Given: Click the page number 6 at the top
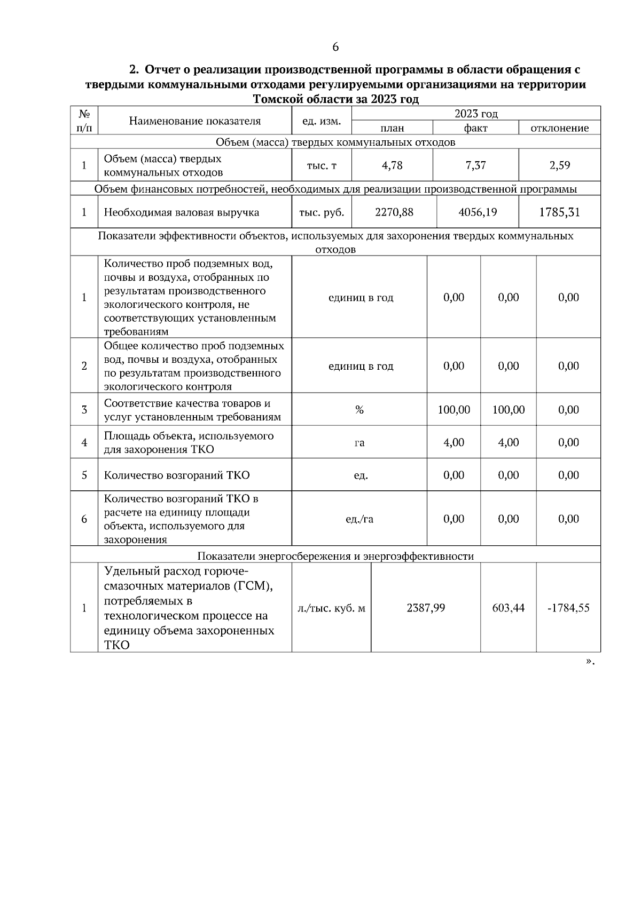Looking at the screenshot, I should pyautogui.click(x=335, y=47).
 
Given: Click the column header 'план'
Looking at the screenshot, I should pyautogui.click(x=392, y=128).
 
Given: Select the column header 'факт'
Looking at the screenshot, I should pyautogui.click(x=475, y=128).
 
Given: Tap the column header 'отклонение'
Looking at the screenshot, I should pyautogui.click(x=559, y=128).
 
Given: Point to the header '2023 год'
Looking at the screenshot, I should pyautogui.click(x=476, y=114).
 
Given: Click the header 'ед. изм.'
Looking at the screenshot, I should pyautogui.click(x=322, y=121).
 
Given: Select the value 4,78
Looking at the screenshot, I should pyautogui.click(x=392, y=165).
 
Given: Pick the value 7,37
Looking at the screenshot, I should pyautogui.click(x=475, y=165).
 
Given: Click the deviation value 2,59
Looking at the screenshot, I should pyautogui.click(x=560, y=165).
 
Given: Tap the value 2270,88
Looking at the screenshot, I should pyautogui.click(x=394, y=212).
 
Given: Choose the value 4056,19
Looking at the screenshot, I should pyautogui.click(x=478, y=212).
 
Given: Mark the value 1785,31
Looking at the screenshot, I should pyautogui.click(x=559, y=212).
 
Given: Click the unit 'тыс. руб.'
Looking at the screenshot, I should pyautogui.click(x=322, y=212).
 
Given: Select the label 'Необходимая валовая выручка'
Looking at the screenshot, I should pyautogui.click(x=182, y=212).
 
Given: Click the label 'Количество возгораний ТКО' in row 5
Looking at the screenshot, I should pyautogui.click(x=177, y=475).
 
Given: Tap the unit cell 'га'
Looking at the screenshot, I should pyautogui.click(x=359, y=442).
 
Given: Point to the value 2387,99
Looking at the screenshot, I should pyautogui.click(x=426, y=608).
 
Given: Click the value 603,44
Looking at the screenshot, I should pyautogui.click(x=509, y=608).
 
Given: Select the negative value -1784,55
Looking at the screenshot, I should pyautogui.click(x=568, y=608).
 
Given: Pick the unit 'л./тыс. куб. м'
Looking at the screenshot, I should pyautogui.click(x=331, y=608).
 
